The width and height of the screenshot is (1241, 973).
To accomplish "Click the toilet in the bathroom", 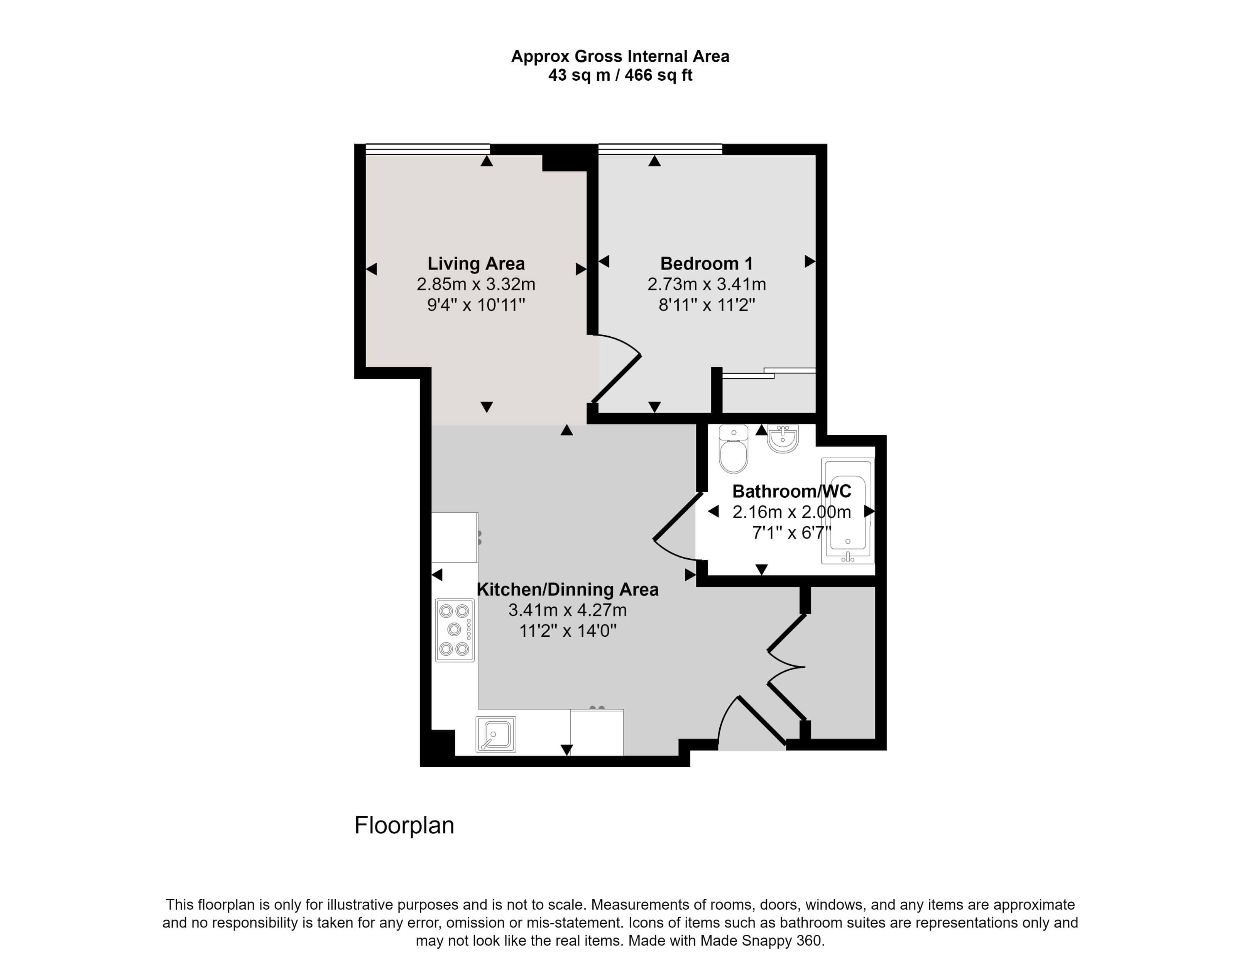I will (x=733, y=450).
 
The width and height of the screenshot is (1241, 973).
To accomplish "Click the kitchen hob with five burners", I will (x=454, y=630).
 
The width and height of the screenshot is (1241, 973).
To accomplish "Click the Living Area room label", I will (x=476, y=264).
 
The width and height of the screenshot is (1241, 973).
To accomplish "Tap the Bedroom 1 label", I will (x=707, y=264).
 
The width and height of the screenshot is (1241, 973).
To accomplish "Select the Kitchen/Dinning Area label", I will (x=567, y=589).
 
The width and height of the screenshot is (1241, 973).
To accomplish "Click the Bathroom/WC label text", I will (x=791, y=491).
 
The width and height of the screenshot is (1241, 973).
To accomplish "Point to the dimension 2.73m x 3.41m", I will (x=707, y=284).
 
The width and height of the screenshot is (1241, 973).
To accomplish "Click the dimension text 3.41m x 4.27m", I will (x=567, y=610).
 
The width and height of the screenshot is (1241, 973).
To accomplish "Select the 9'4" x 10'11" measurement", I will (x=476, y=305).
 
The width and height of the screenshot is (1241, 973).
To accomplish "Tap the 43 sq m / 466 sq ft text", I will (x=620, y=75).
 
